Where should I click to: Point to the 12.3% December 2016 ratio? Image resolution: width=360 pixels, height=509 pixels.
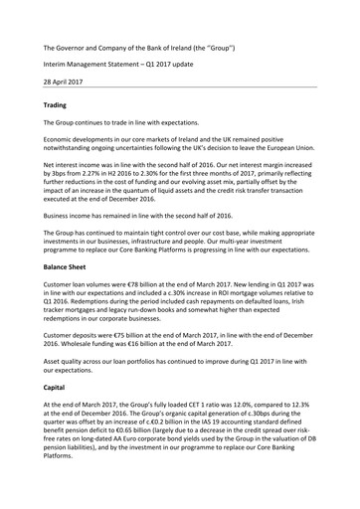click(x=316, y=426)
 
